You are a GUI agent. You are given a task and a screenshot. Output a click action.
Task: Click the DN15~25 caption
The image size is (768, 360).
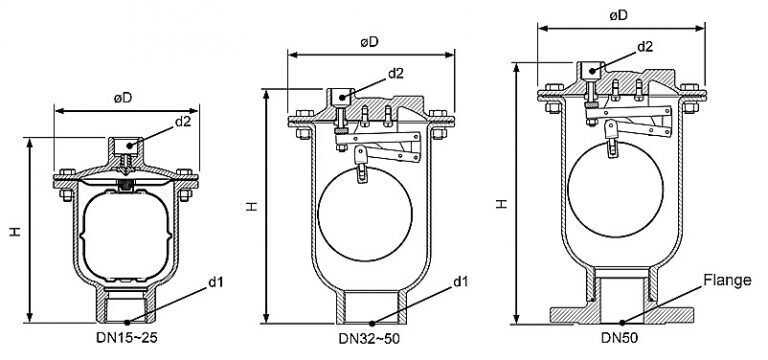click(x=126, y=337)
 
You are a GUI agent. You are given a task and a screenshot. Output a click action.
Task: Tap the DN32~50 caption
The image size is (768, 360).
click(x=369, y=338)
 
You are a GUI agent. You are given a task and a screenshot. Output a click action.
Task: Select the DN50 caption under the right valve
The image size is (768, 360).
click(x=620, y=338)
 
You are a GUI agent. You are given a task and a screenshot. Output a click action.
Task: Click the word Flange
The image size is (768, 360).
click(x=727, y=280)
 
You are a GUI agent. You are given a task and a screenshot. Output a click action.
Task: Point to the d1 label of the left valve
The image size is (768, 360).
click(x=216, y=282)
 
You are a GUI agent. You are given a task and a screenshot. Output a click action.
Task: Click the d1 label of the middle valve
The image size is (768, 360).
click(x=460, y=281)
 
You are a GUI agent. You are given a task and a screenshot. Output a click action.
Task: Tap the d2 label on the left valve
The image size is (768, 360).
click(x=183, y=122)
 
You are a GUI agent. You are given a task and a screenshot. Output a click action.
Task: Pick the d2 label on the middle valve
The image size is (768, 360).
click(x=396, y=73)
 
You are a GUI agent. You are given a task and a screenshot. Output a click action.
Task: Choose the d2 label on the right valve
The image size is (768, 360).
click(x=645, y=47)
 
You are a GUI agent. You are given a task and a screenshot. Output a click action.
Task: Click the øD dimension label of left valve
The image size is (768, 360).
click(x=123, y=98)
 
